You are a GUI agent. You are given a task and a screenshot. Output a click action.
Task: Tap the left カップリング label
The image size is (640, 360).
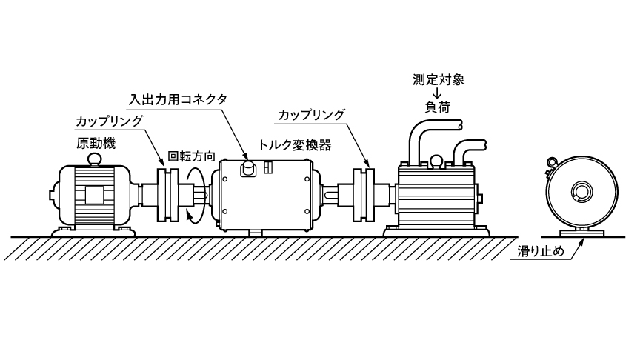pyautogui.click(x=110, y=120)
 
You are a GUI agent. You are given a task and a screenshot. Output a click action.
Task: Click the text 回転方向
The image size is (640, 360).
pyautogui.click(x=192, y=156)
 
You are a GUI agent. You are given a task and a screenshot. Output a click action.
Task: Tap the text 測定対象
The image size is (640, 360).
pyautogui.click(x=439, y=78)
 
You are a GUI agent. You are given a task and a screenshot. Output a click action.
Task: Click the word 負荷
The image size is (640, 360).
pyautogui.click(x=438, y=108)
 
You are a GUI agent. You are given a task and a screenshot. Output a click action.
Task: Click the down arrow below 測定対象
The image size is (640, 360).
pyautogui.click(x=438, y=93)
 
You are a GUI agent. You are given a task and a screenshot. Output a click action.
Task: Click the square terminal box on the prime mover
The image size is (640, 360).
pyautogui.click(x=94, y=195)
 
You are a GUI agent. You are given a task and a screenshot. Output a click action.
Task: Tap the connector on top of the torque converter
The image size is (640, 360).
pyautogui.click(x=248, y=168)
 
